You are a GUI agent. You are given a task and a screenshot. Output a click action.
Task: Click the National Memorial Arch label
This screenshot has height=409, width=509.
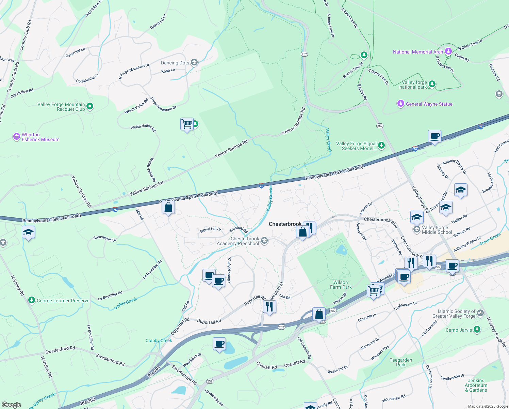[x=418, y=52]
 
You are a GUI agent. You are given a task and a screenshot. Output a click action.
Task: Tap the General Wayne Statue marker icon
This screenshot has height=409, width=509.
[x=401, y=104]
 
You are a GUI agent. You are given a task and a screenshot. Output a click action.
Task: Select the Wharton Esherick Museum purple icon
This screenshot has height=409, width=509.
[x=17, y=137]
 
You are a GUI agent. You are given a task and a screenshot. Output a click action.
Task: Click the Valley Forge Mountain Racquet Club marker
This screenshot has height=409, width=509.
[x=90, y=106]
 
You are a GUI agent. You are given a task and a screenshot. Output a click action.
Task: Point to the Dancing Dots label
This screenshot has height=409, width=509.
[x=175, y=63]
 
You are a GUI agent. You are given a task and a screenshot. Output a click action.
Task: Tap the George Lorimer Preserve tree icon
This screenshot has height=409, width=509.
[x=32, y=300]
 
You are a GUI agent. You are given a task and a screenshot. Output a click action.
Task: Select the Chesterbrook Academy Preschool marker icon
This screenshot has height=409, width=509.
[x=264, y=241]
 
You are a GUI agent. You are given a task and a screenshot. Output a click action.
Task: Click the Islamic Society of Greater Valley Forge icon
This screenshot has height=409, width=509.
[x=480, y=313]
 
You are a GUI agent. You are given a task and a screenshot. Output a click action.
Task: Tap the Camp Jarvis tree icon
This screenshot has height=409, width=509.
[x=477, y=329]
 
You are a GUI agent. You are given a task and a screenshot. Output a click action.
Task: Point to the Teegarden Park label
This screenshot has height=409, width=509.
[x=401, y=362]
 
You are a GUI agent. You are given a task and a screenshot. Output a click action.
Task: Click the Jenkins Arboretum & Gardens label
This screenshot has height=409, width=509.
[x=476, y=385]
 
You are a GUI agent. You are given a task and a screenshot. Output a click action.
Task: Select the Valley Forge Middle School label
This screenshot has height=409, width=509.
[x=437, y=230]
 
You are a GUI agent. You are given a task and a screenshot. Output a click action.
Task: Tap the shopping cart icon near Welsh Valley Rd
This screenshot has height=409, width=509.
[x=187, y=124]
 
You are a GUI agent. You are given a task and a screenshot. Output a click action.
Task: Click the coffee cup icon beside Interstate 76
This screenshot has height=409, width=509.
[x=434, y=136]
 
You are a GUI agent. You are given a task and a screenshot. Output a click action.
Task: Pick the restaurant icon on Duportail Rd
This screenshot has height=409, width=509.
[x=269, y=306]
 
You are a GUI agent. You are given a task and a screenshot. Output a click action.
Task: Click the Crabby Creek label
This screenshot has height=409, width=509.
[x=159, y=340]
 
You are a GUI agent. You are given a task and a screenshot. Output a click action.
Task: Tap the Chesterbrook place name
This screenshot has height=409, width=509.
[x=285, y=224]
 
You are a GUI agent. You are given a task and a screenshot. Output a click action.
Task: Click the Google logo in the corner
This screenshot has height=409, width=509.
[x=12, y=405]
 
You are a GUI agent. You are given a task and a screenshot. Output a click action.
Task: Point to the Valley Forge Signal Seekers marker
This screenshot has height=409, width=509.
[x=381, y=146]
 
